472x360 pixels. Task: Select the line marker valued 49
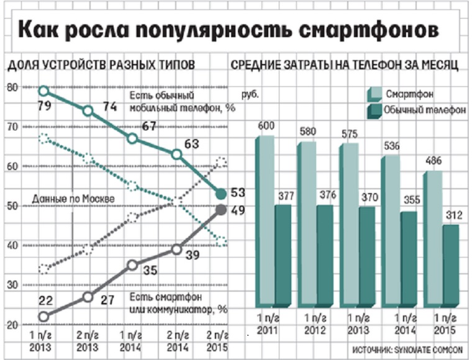(220, 210)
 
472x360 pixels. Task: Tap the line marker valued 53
(220, 194)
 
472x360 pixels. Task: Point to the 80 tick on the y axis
(11, 88)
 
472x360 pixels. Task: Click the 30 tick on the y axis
(11, 285)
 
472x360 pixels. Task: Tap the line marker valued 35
(132, 265)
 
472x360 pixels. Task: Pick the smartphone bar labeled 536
(392, 230)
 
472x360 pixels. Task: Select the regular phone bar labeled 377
(284, 254)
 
